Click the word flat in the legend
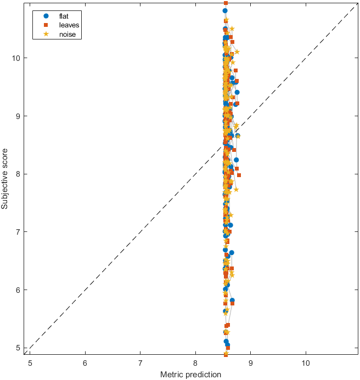pyautogui.click(x=64, y=16)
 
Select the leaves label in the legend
pyautogui.click(x=68, y=25)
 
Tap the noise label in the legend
pyautogui.click(x=67, y=35)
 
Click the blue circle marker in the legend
pyautogui.click(x=46, y=16)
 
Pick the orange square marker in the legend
pyautogui.click(x=46, y=25)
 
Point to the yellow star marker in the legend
pyautogui.click(x=46, y=35)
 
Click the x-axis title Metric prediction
pyautogui.click(x=190, y=375)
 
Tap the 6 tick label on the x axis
pyautogui.click(x=85, y=362)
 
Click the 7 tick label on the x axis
pyautogui.click(x=140, y=362)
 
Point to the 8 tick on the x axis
pyautogui.click(x=195, y=362)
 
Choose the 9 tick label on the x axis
pyautogui.click(x=251, y=362)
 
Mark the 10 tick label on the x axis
pyautogui.click(x=306, y=362)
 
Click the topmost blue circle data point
pyautogui.click(x=225, y=10)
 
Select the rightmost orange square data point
pyautogui.click(x=239, y=175)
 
